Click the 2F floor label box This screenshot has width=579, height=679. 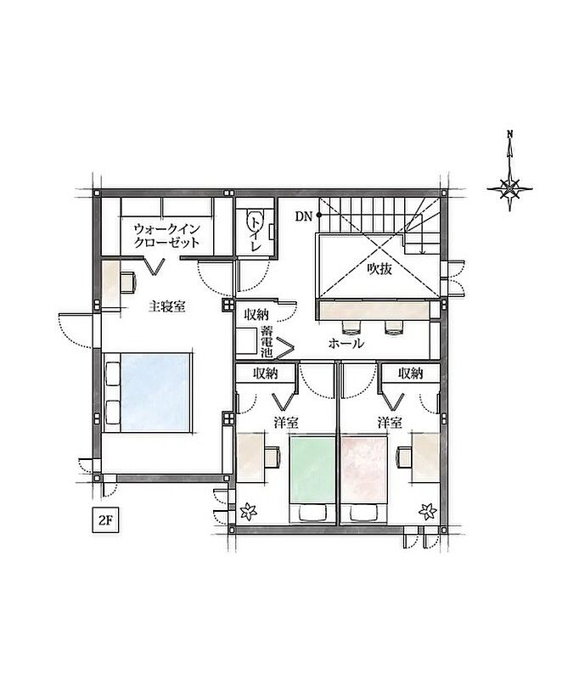[x=105, y=520]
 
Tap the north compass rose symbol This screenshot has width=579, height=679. [x=509, y=188]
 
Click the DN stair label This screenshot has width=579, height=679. [x=304, y=216]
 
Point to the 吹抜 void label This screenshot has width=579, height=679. [x=379, y=269]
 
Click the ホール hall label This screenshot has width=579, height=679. [x=346, y=344]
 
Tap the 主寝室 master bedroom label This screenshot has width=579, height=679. [x=166, y=306]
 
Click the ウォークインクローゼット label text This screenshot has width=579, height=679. [x=166, y=235]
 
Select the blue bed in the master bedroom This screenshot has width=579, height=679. [x=148, y=392]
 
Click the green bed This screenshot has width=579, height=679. [x=312, y=480]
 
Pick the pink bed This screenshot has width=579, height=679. [x=363, y=480]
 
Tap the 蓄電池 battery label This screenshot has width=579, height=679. [x=267, y=342]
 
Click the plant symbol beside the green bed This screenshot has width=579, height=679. [x=248, y=512]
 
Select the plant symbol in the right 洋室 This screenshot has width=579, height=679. [x=427, y=512]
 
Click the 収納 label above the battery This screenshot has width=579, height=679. [x=256, y=313]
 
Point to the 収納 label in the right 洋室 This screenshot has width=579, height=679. [x=411, y=373]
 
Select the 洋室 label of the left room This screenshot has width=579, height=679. [x=286, y=422]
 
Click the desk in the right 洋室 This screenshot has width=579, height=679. [x=425, y=457]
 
